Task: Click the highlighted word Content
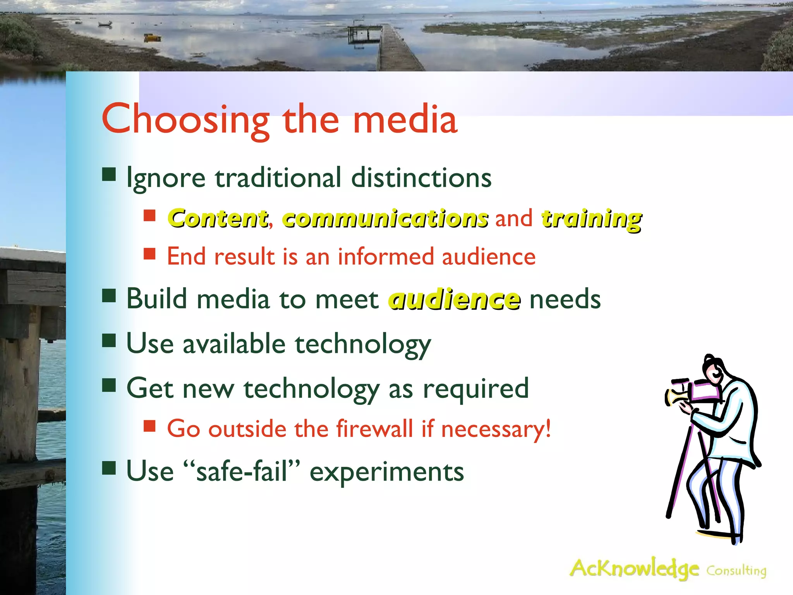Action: click(218, 218)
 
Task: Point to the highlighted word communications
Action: click(385, 218)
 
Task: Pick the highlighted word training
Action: click(591, 219)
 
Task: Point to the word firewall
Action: click(374, 429)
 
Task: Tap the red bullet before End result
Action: click(149, 254)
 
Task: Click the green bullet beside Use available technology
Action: click(109, 341)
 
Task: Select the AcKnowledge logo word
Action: click(634, 569)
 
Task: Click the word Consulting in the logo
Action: click(736, 571)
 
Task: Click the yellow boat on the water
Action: click(153, 38)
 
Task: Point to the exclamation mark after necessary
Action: click(548, 428)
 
